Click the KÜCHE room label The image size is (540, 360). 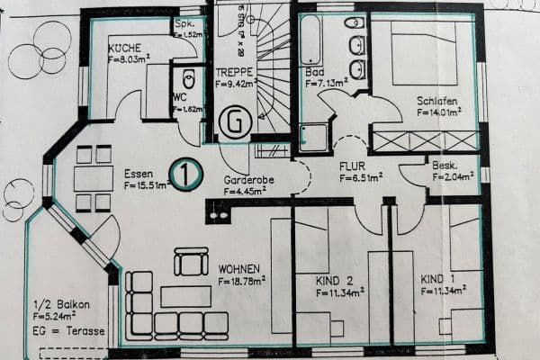(x=124, y=47)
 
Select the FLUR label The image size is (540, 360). (x=352, y=166)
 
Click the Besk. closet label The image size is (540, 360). (x=445, y=166)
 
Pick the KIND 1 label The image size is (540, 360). (x=438, y=280)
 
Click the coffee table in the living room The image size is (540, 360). (x=185, y=296)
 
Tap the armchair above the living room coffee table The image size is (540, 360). (x=191, y=262)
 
